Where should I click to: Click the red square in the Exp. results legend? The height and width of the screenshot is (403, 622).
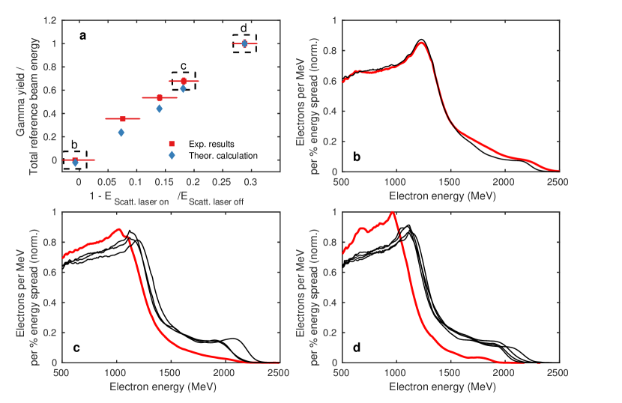pyautogui.click(x=172, y=142)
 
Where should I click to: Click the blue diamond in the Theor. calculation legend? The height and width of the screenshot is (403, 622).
pyautogui.click(x=172, y=155)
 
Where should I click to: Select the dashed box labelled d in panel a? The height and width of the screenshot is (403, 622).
pyautogui.click(x=244, y=43)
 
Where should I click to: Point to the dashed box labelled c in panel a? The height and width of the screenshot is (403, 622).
pyautogui.click(x=184, y=80)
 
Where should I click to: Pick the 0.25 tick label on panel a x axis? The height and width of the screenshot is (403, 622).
pyautogui.click(x=222, y=182)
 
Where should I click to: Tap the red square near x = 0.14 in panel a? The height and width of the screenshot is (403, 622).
pyautogui.click(x=160, y=97)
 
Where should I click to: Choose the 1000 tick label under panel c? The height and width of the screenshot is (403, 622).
pyautogui.click(x=116, y=373)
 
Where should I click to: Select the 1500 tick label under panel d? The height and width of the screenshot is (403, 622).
pyautogui.click(x=450, y=373)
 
